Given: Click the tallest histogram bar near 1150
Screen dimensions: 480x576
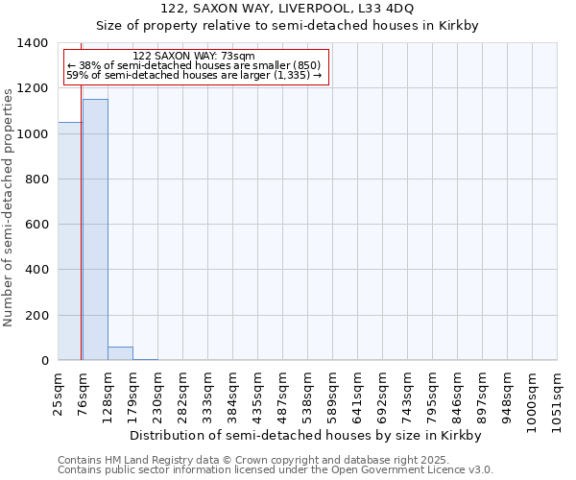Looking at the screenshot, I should click(95, 230).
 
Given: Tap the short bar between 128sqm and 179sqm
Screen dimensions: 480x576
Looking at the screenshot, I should click(120, 353).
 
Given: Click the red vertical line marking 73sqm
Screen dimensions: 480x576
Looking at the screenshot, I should click(82, 240).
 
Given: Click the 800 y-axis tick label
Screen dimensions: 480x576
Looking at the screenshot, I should click(36, 180).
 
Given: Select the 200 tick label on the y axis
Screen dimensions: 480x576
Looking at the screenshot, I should click(36, 316).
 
